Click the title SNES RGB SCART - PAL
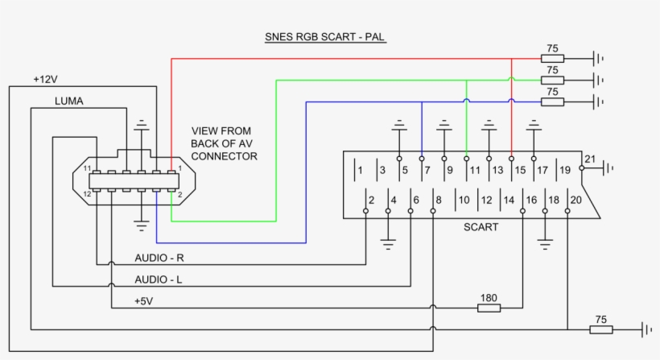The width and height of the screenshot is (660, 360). pyautogui.click(x=326, y=37)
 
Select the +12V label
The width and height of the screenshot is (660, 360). pyautogui.click(x=47, y=80)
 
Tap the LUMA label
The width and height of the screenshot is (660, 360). pyautogui.click(x=69, y=101)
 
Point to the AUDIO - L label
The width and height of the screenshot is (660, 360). pyautogui.click(x=158, y=279)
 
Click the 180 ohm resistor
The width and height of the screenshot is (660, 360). pyautogui.click(x=489, y=307)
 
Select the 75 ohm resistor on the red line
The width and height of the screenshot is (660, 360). pyautogui.click(x=552, y=58)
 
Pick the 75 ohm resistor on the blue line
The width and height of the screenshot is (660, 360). pyautogui.click(x=552, y=101)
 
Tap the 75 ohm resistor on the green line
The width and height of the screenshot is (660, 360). pyautogui.click(x=552, y=80)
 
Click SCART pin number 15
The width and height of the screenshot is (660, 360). pyautogui.click(x=520, y=170)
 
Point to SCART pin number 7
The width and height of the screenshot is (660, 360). pyautogui.click(x=427, y=170)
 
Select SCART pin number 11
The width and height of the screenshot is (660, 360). pyautogui.click(x=475, y=170)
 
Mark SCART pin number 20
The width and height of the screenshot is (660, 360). pyautogui.click(x=575, y=200)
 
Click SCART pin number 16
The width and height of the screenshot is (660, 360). pyautogui.click(x=531, y=200)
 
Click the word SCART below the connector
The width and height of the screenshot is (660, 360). pyautogui.click(x=481, y=227)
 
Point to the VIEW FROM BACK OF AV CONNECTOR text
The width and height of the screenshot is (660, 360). pyautogui.click(x=224, y=143)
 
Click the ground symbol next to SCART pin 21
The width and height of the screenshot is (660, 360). pyautogui.click(x=609, y=168)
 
